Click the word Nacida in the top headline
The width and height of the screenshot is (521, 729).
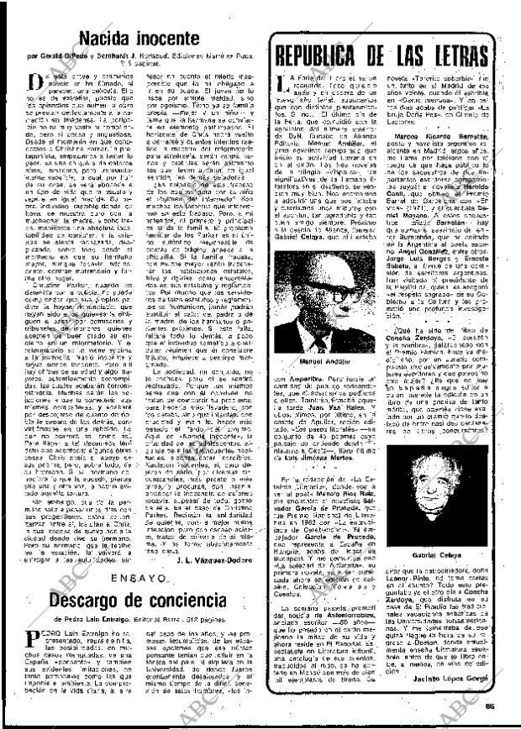[x=108, y=38]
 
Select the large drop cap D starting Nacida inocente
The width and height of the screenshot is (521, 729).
[x=35, y=81]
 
